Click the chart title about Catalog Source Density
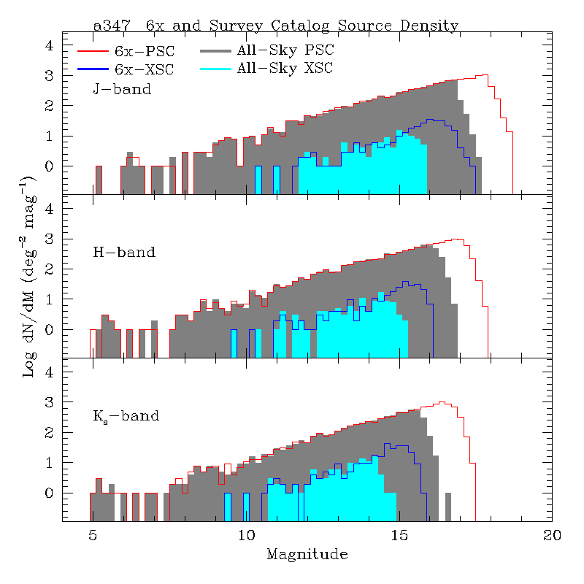click(276, 26)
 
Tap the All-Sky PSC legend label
click(284, 51)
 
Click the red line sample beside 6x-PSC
click(93, 52)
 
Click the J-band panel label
click(122, 90)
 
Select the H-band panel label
click(124, 253)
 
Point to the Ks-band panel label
click(126, 418)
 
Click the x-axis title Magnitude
click(307, 555)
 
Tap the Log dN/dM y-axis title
click(29, 277)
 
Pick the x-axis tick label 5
click(93, 535)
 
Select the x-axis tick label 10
click(246, 535)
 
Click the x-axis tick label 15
click(399, 535)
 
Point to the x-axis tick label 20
click(553, 535)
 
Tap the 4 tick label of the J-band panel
click(50, 45)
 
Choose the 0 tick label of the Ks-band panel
click(50, 493)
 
